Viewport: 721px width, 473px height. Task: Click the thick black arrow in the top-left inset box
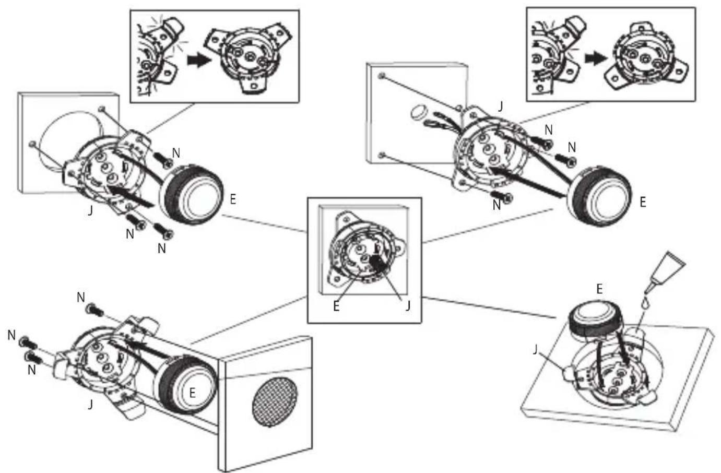point(198,60)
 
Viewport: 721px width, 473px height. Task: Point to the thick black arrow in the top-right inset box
point(596,59)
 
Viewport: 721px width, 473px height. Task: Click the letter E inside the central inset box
point(336,306)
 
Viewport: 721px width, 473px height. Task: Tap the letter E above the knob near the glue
point(599,289)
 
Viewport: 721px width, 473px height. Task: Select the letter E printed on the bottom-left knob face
point(192,393)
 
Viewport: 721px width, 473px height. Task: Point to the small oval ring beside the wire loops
point(418,113)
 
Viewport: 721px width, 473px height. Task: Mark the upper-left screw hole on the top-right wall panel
point(382,76)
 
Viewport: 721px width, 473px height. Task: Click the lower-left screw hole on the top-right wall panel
point(382,156)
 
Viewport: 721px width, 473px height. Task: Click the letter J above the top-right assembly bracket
point(500,107)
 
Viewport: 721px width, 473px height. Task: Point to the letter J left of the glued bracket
point(535,349)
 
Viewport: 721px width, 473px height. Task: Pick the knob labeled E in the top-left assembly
point(192,194)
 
